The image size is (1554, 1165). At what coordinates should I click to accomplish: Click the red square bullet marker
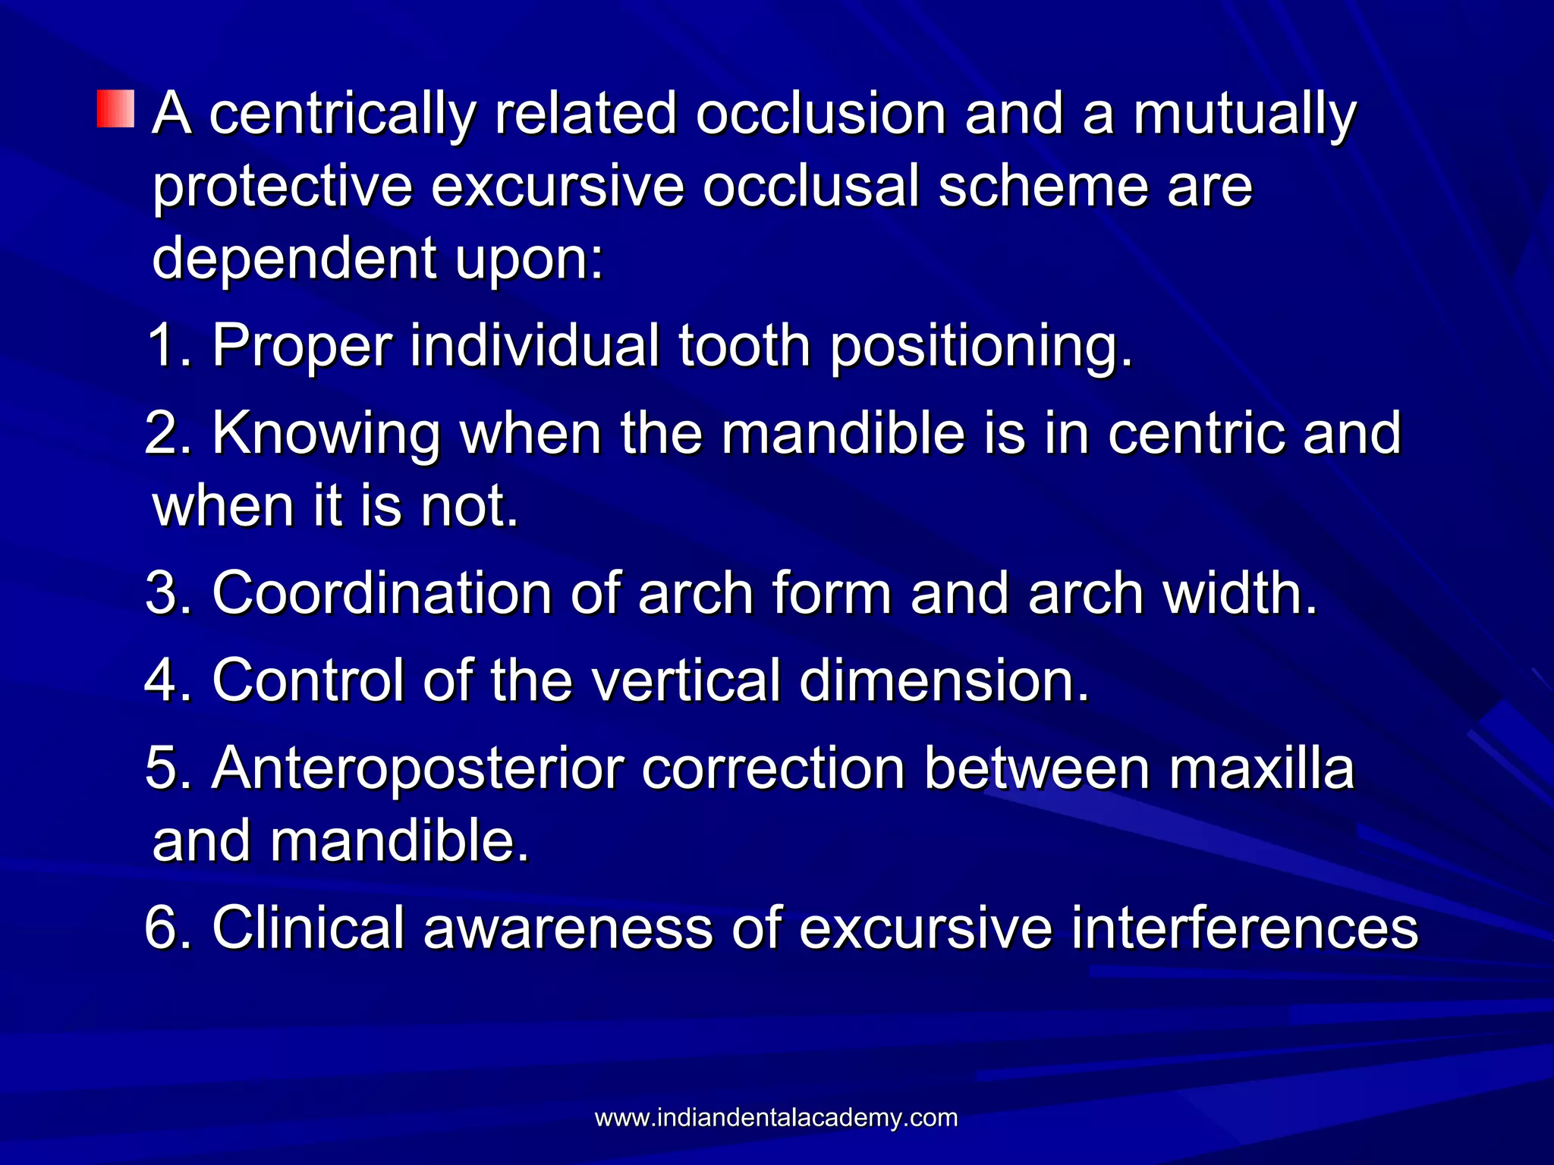point(115,108)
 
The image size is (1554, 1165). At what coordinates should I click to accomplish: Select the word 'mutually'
point(1244,115)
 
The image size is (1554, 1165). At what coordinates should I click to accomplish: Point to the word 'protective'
point(282,187)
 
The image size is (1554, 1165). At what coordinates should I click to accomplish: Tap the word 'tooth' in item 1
point(744,346)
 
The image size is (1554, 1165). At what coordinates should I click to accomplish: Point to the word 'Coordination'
point(382,593)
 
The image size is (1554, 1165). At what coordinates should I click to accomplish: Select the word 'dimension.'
point(945,680)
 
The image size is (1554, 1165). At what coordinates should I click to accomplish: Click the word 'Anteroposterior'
point(417,769)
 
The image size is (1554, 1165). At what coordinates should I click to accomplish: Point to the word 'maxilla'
point(1261,768)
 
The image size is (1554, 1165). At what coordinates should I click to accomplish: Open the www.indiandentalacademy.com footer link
point(776,1118)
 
